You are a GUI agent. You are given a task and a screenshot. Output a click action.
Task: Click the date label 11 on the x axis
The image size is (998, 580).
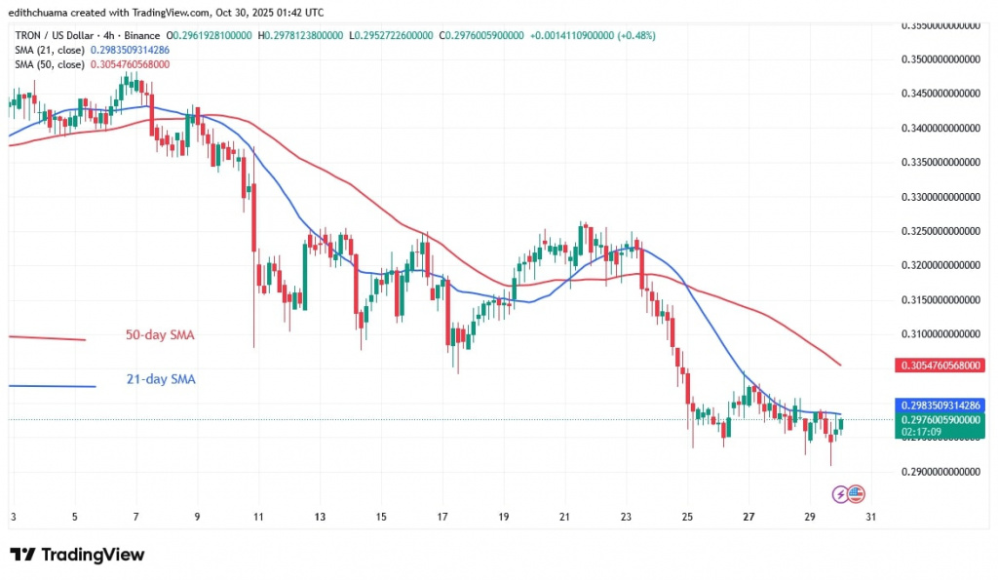(258, 517)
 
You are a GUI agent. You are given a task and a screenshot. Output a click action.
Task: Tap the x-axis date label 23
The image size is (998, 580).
(626, 517)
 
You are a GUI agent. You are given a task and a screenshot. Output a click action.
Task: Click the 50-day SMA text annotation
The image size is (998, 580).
(160, 335)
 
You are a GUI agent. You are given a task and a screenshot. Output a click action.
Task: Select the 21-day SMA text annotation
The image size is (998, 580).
(160, 379)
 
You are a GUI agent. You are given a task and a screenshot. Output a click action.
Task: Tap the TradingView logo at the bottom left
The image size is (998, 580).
(77, 555)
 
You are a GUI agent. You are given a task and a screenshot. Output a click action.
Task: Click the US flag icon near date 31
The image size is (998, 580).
(858, 492)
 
